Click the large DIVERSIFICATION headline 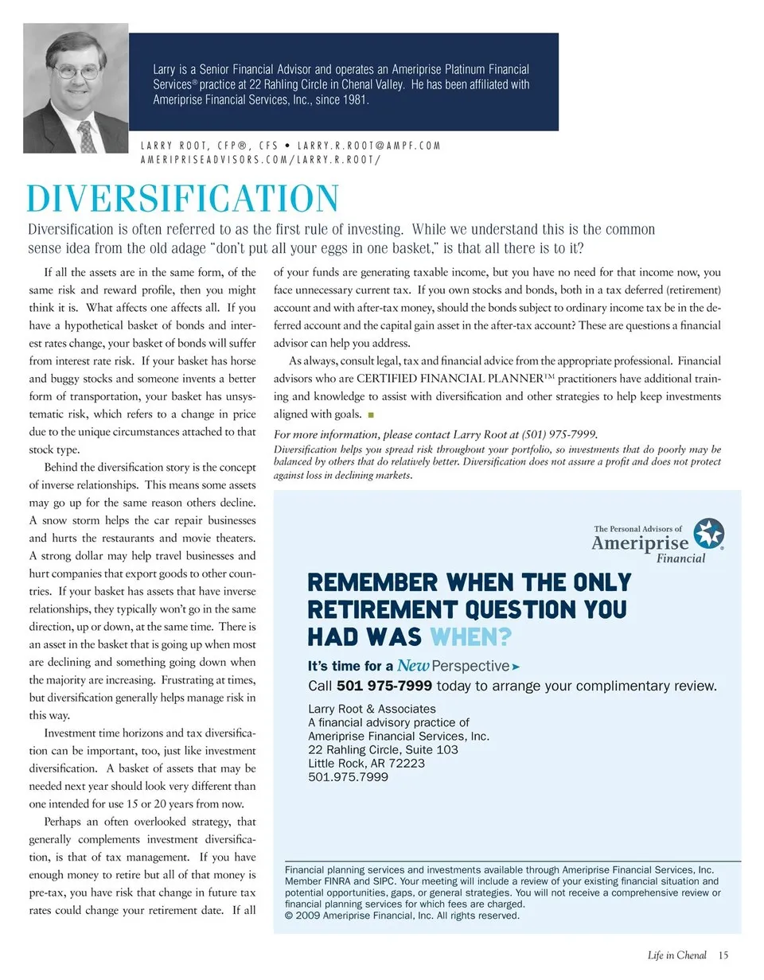(x=183, y=199)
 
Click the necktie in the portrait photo (x=87, y=137)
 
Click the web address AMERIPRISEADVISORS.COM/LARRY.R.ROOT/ (x=260, y=159)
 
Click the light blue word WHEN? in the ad (x=470, y=637)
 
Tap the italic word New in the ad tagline (x=413, y=666)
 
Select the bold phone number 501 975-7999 (x=384, y=686)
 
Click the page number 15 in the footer (x=723, y=955)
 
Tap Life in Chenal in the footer (x=676, y=955)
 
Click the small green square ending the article (x=371, y=414)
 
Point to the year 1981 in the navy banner (x=352, y=100)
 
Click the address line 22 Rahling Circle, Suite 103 (x=383, y=749)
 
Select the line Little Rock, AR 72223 (x=366, y=763)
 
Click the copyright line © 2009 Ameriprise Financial (x=402, y=916)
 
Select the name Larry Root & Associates (x=372, y=709)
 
